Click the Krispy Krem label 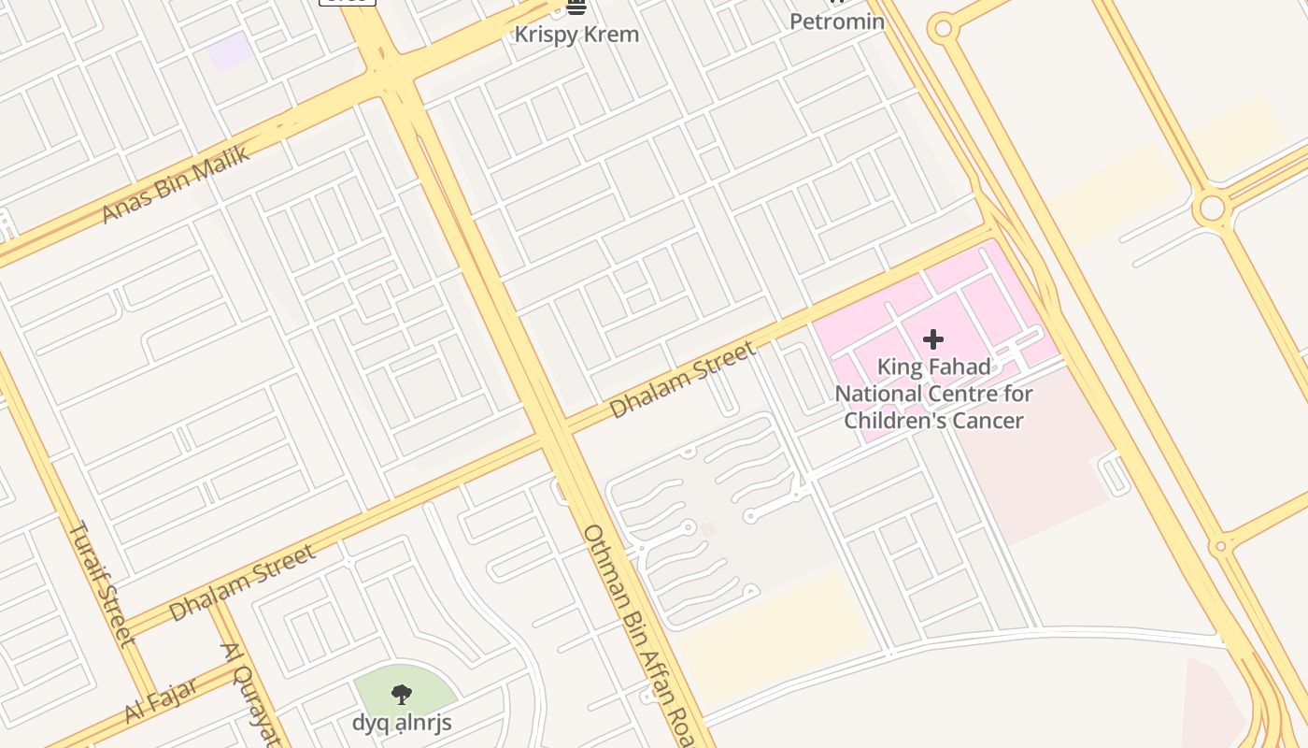pyautogui.click(x=577, y=35)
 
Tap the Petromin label pyautogui.click(x=837, y=22)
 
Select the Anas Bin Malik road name pyautogui.click(x=176, y=183)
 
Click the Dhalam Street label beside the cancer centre pyautogui.click(x=682, y=380)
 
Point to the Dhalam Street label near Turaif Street pyautogui.click(x=242, y=583)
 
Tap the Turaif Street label pyautogui.click(x=102, y=584)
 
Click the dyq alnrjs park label pyautogui.click(x=402, y=723)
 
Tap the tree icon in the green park pyautogui.click(x=402, y=695)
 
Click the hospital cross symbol pyautogui.click(x=933, y=339)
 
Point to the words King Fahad pyautogui.click(x=933, y=367)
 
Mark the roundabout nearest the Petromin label pyautogui.click(x=943, y=28)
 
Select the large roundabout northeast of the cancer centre pyautogui.click(x=1212, y=208)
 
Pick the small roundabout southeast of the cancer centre pyautogui.click(x=1219, y=546)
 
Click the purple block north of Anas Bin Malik pyautogui.click(x=230, y=51)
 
